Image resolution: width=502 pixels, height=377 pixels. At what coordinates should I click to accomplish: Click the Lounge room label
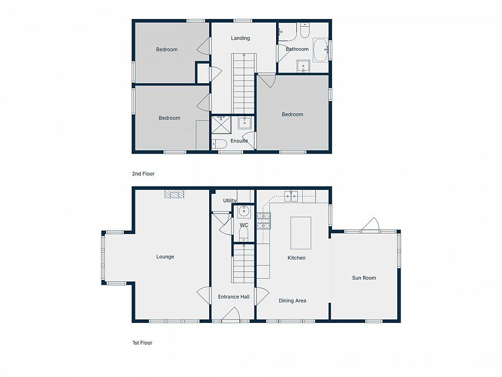pyautogui.click(x=165, y=257)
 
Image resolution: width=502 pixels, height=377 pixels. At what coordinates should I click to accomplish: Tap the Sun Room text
pyautogui.click(x=364, y=278)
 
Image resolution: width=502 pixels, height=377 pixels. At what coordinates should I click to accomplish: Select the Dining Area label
pyautogui.click(x=292, y=300)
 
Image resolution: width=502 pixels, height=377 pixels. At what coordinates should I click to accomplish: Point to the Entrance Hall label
pyautogui.click(x=233, y=297)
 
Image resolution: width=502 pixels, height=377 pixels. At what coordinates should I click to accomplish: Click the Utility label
pyautogui.click(x=230, y=201)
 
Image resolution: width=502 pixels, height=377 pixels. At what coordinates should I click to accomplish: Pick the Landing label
pyautogui.click(x=240, y=39)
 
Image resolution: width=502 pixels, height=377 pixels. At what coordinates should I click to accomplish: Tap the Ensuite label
pyautogui.click(x=239, y=141)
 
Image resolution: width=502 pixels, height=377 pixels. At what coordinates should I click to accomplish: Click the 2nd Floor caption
pyautogui.click(x=143, y=174)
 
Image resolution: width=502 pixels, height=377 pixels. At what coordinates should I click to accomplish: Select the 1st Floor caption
pyautogui.click(x=142, y=343)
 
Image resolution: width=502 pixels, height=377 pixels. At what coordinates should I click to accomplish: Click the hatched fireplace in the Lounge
pyautogui.click(x=175, y=194)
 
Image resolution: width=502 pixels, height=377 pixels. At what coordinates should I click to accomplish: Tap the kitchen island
pyautogui.click(x=301, y=233)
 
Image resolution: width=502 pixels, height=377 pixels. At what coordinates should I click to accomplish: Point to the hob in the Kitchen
pyautogui.click(x=263, y=221)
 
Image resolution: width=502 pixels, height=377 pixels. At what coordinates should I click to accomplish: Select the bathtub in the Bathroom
pyautogui.click(x=320, y=50)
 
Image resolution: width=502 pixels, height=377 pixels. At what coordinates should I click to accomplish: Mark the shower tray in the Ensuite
pyautogui.click(x=221, y=124)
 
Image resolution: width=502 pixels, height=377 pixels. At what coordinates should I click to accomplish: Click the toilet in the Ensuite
pyautogui.click(x=219, y=144)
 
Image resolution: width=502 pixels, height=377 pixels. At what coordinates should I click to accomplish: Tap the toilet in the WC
pyautogui.click(x=244, y=235)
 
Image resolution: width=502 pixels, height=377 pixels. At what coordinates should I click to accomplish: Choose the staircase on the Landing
pyautogui.click(x=243, y=84)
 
